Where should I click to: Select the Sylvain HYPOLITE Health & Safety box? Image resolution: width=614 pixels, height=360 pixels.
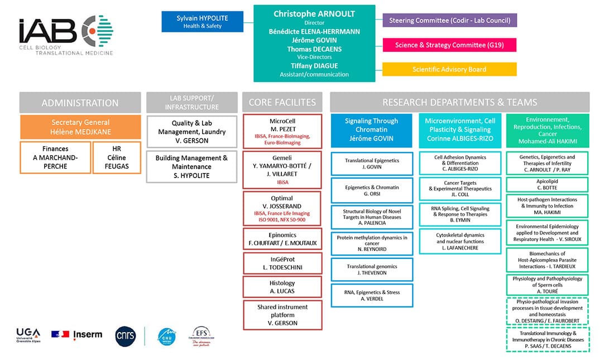(x=202, y=22)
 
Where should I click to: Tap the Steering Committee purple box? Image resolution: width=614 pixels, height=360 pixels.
(x=449, y=21)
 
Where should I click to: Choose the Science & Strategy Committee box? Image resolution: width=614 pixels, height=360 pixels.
(x=449, y=45)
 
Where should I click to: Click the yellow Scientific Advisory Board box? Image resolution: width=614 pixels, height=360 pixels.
(x=449, y=69)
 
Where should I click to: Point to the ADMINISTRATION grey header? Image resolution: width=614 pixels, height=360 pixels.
(x=80, y=103)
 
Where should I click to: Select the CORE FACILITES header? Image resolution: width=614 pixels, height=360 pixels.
(x=282, y=103)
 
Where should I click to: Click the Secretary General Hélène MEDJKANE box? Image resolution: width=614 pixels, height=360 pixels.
(x=80, y=127)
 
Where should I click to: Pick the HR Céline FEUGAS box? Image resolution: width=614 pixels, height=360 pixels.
(x=117, y=157)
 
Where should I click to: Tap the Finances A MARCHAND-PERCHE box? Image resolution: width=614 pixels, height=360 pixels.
(x=55, y=157)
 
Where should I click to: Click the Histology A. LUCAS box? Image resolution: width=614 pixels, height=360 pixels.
(x=282, y=287)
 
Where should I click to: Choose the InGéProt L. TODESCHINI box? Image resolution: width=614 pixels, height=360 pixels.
(x=282, y=263)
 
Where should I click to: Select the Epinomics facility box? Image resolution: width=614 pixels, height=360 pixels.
(x=282, y=239)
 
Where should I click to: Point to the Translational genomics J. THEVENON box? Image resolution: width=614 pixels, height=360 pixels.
(x=372, y=270)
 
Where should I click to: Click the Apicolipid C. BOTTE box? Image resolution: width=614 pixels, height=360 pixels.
(x=547, y=185)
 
